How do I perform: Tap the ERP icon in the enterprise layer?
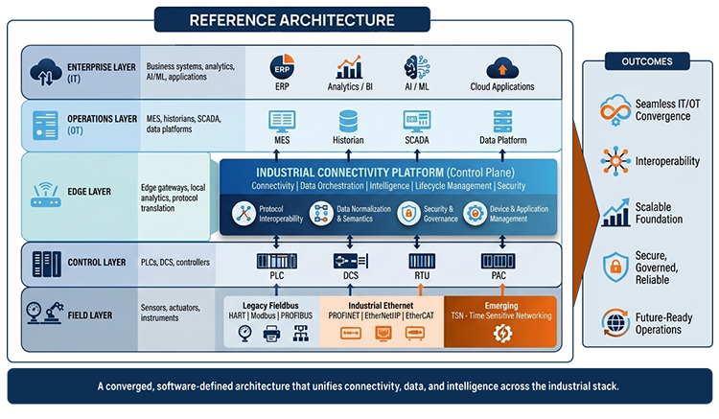[282, 68]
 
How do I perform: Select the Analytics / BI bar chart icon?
[348, 67]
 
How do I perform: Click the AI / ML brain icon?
[417, 67]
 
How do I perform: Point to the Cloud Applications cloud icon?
[501, 67]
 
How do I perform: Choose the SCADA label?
[417, 140]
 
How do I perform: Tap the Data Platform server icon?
[503, 121]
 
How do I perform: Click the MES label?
[282, 140]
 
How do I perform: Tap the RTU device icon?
[420, 260]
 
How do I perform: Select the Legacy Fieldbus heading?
[270, 304]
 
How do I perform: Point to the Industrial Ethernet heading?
[382, 304]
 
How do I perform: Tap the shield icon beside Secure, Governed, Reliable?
[614, 267]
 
